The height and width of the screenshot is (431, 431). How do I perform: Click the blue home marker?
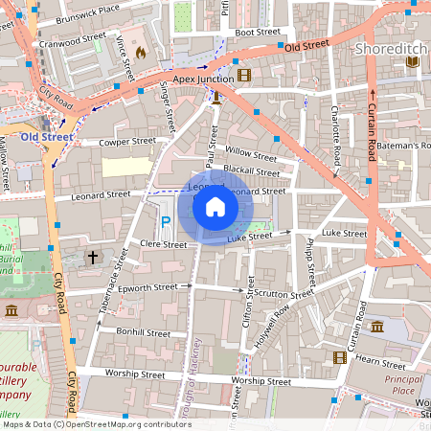click(x=215, y=206)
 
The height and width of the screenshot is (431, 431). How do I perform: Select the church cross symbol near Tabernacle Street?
click(x=93, y=258)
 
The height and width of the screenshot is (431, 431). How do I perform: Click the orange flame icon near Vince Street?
click(x=142, y=53)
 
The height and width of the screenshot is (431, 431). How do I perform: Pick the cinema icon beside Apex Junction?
click(x=244, y=76)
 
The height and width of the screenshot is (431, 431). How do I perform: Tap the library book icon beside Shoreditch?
click(x=412, y=62)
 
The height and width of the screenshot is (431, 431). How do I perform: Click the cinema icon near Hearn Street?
click(x=339, y=357)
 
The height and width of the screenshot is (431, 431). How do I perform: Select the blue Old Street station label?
click(x=42, y=136)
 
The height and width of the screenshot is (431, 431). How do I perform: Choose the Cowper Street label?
click(x=127, y=143)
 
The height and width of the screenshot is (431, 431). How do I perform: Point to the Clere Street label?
click(x=163, y=245)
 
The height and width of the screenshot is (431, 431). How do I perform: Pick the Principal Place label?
click(x=403, y=385)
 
